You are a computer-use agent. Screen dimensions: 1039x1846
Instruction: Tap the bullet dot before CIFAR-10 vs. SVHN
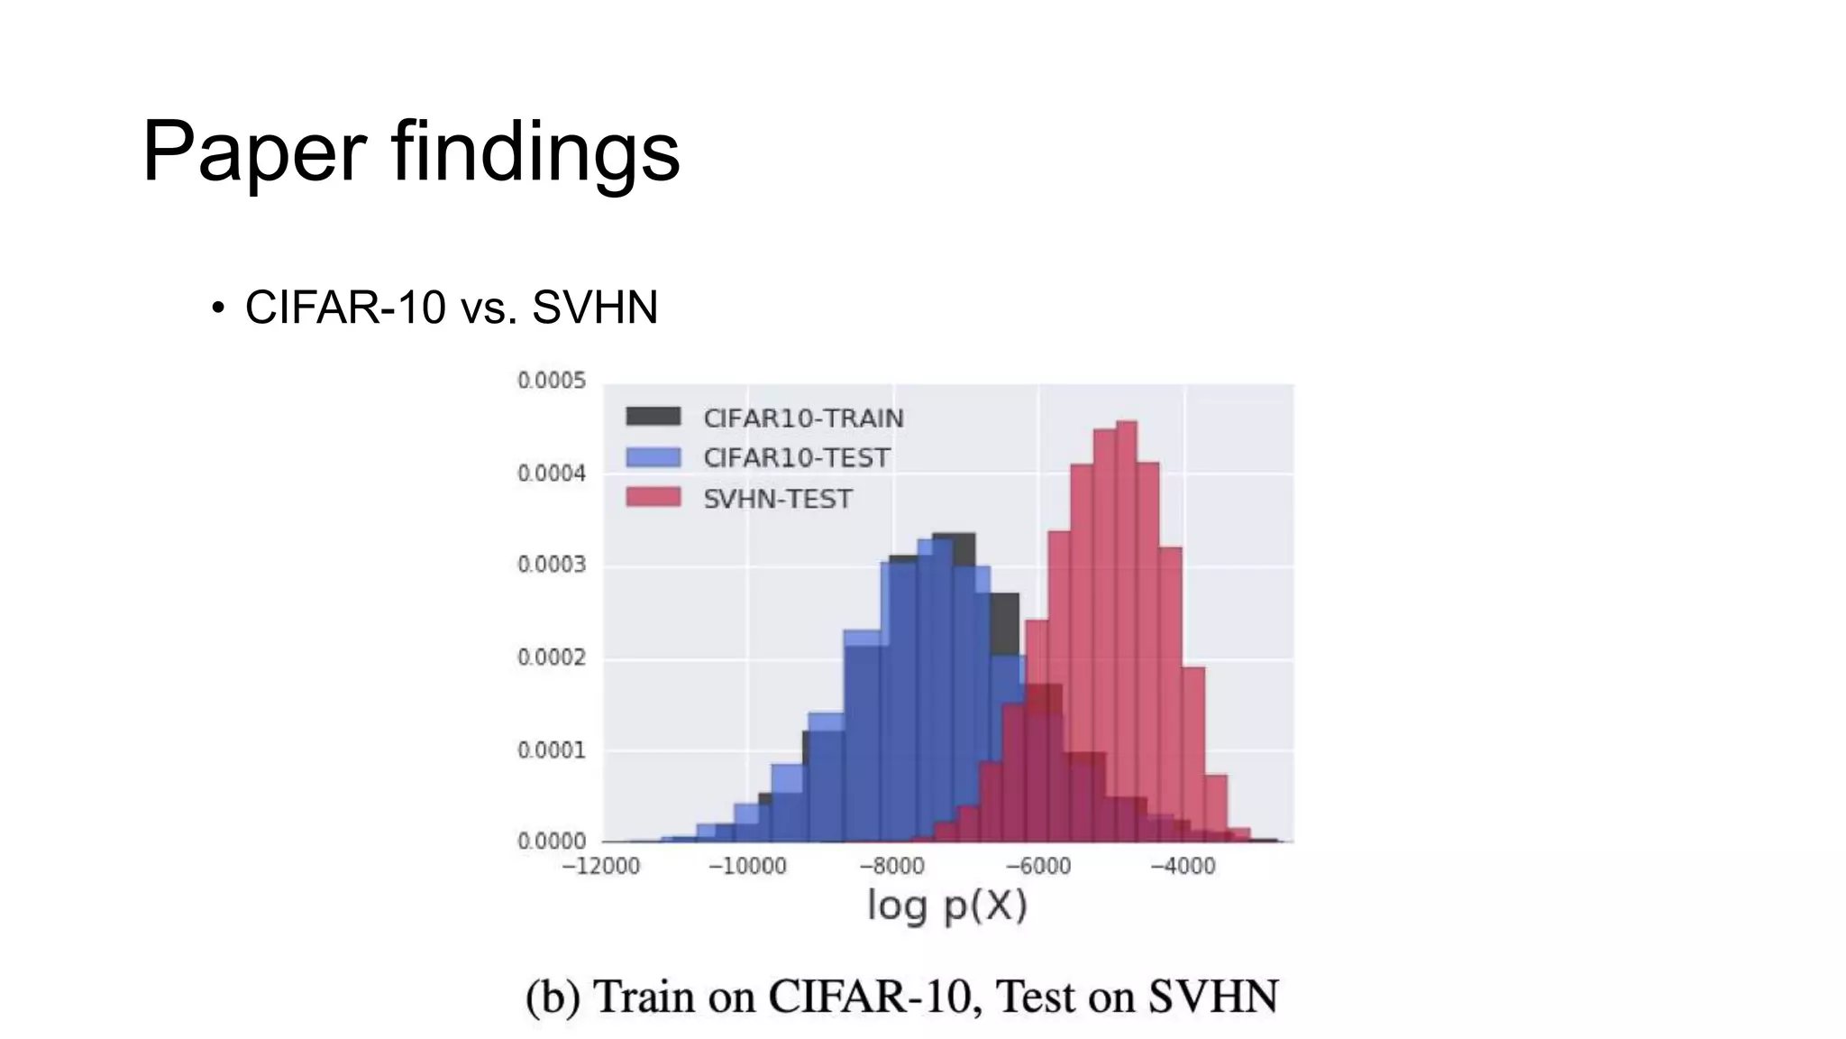click(217, 308)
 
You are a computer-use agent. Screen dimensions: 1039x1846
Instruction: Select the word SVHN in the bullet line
click(595, 308)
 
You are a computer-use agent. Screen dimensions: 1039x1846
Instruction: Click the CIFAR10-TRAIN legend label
click(803, 418)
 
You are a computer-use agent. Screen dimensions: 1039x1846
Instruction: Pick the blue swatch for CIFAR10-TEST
click(653, 457)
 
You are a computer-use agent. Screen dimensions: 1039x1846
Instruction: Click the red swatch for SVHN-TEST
click(653, 497)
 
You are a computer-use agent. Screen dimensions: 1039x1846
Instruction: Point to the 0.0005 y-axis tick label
click(551, 381)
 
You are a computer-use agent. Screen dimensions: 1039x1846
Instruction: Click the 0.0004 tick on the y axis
click(551, 474)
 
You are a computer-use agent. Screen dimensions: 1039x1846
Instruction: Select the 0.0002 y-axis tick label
click(551, 657)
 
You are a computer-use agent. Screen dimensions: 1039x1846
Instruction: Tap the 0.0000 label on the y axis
click(551, 841)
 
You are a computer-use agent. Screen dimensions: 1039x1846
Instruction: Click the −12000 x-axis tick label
click(600, 867)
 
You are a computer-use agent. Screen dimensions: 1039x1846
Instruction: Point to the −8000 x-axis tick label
click(891, 867)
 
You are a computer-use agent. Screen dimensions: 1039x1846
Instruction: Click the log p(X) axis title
click(946, 906)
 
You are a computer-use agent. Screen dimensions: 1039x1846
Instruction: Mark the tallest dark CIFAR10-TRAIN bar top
click(954, 535)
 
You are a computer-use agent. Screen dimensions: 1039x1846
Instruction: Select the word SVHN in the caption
click(1213, 998)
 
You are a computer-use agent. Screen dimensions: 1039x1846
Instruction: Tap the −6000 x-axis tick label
click(1037, 867)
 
